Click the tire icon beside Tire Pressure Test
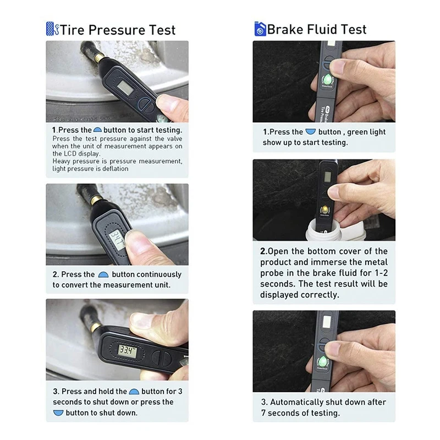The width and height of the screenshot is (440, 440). click(52, 29)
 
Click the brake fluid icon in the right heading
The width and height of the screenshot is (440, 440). click(260, 29)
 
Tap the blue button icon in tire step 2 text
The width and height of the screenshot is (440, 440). click(103, 274)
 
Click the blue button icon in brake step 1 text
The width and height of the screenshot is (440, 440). click(311, 132)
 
